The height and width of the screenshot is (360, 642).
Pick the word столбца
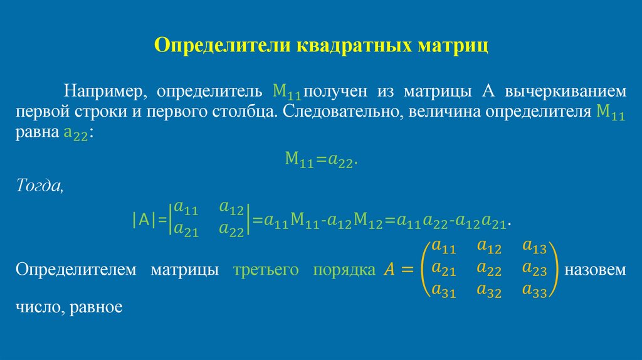tap(243, 113)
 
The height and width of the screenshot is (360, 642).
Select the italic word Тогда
tap(39, 186)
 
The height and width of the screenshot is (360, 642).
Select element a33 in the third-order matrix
tap(535, 290)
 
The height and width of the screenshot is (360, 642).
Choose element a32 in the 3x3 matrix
tap(488, 290)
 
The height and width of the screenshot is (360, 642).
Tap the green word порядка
tap(338, 270)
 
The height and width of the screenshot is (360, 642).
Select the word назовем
tap(595, 270)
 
